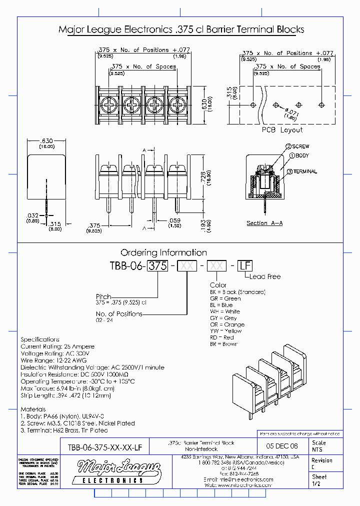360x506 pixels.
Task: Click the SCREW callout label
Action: click(x=300, y=146)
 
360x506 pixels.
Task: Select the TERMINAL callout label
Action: click(x=304, y=171)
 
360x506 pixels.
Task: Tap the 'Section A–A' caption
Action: click(x=264, y=223)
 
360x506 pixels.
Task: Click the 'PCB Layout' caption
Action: click(x=282, y=129)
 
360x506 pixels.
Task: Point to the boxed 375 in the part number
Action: click(x=158, y=266)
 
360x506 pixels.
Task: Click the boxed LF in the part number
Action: click(x=244, y=266)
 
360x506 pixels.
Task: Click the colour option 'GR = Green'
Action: click(x=225, y=298)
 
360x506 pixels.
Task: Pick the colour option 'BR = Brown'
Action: click(x=224, y=344)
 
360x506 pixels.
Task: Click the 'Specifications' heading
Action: click(x=40, y=339)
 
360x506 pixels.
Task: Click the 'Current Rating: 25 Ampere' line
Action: click(x=57, y=346)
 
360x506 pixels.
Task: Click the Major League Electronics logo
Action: click(x=119, y=472)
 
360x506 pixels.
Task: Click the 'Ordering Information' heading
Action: click(x=163, y=252)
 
